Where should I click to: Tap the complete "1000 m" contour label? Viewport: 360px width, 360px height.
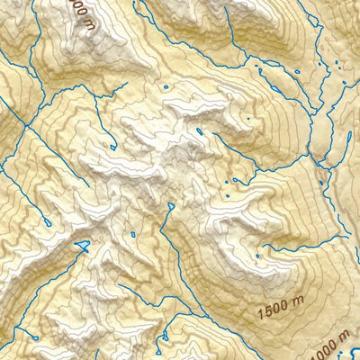click(329, 346)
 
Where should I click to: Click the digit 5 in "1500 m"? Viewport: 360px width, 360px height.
click(269, 311)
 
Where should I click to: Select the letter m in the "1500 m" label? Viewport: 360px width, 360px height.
click(298, 302)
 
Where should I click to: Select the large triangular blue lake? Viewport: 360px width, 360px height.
click(83, 245)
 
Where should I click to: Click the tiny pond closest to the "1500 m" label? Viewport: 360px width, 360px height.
click(256, 256)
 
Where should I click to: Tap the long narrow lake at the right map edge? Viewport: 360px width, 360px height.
click(347, 140)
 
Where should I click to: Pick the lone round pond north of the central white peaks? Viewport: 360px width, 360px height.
click(166, 86)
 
